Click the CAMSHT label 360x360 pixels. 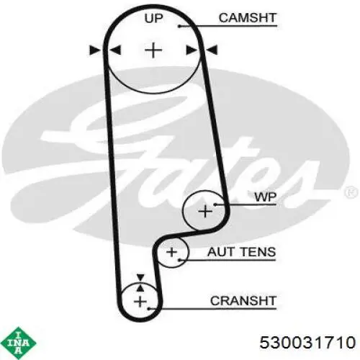click(248, 18)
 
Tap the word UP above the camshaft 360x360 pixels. click(153, 19)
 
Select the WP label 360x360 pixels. click(266, 197)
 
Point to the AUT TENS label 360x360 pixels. click(242, 252)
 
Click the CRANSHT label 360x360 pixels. click(243, 301)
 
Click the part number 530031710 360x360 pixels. click(307, 342)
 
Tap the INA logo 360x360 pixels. click(19, 343)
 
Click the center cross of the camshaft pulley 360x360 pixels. click(153, 50)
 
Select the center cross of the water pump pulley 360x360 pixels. click(205, 212)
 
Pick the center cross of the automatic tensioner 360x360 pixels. click(171, 252)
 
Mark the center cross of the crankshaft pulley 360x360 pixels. click(140, 302)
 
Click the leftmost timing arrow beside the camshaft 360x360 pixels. click(95, 50)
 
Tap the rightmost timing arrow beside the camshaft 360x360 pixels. click(212, 50)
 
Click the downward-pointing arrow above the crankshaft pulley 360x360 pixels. click(140, 277)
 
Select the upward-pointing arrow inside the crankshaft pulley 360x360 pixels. click(140, 288)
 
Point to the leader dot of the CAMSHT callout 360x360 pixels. click(179, 26)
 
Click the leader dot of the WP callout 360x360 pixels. click(215, 204)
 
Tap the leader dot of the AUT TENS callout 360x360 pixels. click(180, 260)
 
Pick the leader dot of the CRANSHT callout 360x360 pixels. click(149, 308)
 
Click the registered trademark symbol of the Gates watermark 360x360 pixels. click(352, 192)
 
